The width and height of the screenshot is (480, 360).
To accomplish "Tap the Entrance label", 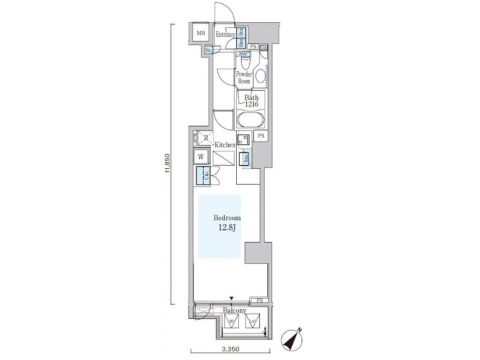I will point(225,35).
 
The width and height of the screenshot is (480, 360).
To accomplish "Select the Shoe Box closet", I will point(242,35).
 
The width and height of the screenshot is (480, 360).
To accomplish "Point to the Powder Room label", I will point(244,78).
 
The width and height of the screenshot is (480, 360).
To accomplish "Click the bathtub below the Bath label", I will point(251,121).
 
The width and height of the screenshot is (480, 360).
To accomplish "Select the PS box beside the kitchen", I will point(261,137).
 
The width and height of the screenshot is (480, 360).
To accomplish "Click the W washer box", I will point(201,158).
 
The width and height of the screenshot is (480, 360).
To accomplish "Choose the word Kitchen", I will point(223,144).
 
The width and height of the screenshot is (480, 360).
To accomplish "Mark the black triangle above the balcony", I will point(231,299).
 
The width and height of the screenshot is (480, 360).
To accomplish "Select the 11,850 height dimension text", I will point(169,164).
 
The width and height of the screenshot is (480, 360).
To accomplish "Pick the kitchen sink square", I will point(244,139).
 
